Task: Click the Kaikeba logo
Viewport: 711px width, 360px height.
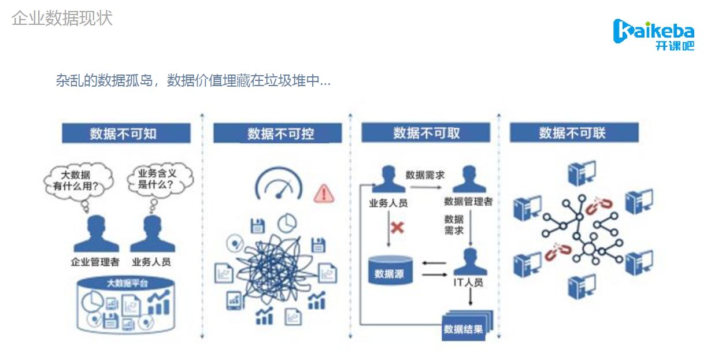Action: click(x=654, y=35)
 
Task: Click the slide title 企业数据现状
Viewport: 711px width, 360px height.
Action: click(x=62, y=18)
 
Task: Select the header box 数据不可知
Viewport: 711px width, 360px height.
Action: click(x=127, y=133)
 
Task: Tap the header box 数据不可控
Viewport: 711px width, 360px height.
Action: click(x=277, y=133)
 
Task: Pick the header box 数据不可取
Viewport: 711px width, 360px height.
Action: click(x=426, y=132)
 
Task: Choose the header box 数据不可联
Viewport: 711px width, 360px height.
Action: click(x=574, y=132)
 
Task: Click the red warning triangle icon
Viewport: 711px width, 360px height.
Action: click(x=324, y=194)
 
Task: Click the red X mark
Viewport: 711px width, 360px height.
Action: click(x=397, y=228)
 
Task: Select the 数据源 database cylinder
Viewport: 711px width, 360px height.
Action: click(x=390, y=270)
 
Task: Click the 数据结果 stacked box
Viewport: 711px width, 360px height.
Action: click(x=466, y=325)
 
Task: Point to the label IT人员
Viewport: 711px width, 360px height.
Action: click(x=468, y=283)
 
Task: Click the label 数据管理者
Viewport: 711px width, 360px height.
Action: click(x=468, y=202)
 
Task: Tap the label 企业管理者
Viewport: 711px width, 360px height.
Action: click(x=95, y=262)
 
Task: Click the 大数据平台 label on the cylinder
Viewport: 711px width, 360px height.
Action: click(x=127, y=283)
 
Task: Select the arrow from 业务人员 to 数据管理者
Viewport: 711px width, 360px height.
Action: click(x=426, y=187)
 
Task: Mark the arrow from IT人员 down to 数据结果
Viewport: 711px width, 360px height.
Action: click(x=471, y=297)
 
